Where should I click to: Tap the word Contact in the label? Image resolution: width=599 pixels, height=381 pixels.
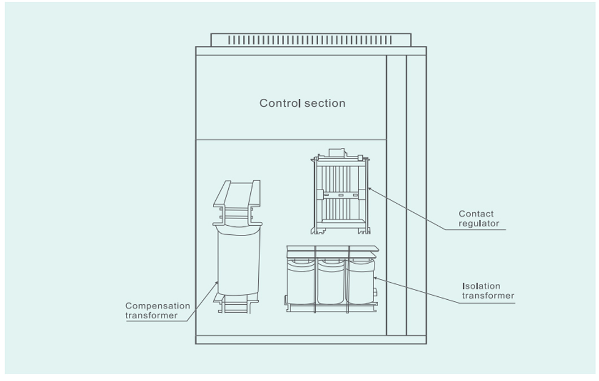476,214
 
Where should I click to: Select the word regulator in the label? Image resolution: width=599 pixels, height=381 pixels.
479,224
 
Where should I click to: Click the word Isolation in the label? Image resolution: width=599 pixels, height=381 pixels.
481,286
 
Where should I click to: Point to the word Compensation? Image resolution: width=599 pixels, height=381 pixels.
158,306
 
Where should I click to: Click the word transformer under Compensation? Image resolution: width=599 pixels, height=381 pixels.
151,316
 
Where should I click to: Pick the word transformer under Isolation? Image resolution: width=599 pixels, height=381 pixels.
488,296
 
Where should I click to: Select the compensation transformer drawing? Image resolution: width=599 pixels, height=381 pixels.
238,260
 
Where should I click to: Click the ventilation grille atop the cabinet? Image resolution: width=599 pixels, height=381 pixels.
311,40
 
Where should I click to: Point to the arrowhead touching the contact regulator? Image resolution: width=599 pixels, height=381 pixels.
369,189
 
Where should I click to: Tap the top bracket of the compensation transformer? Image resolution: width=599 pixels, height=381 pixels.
237,195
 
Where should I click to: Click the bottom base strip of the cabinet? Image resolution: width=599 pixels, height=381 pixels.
311,340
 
